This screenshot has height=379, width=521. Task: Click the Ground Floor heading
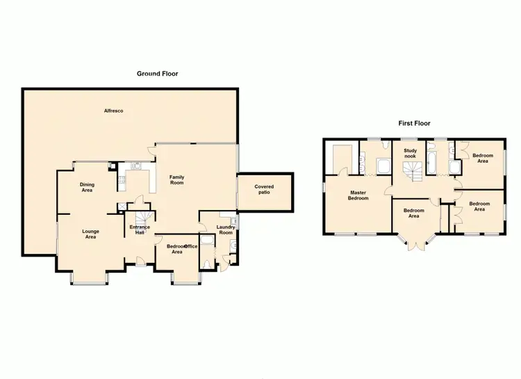(157, 73)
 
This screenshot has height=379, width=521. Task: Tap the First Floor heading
(414, 123)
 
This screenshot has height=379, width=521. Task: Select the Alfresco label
(113, 111)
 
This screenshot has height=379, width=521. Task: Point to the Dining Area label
(87, 186)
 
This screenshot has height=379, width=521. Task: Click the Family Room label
(176, 179)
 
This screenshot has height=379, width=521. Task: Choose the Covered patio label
(264, 189)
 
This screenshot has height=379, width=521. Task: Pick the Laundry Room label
(226, 229)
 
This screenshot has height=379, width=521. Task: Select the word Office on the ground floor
(190, 246)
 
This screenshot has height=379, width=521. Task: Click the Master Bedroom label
(358, 195)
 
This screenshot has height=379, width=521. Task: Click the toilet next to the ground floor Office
(210, 264)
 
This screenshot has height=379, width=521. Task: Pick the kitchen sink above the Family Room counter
(136, 166)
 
